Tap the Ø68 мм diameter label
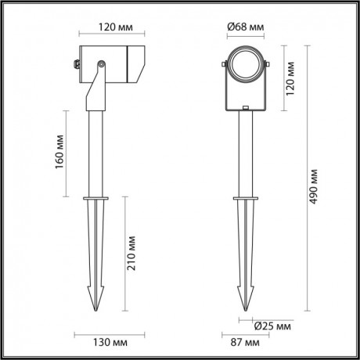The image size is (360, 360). click(244, 27)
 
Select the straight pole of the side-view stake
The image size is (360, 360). click(99, 157)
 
